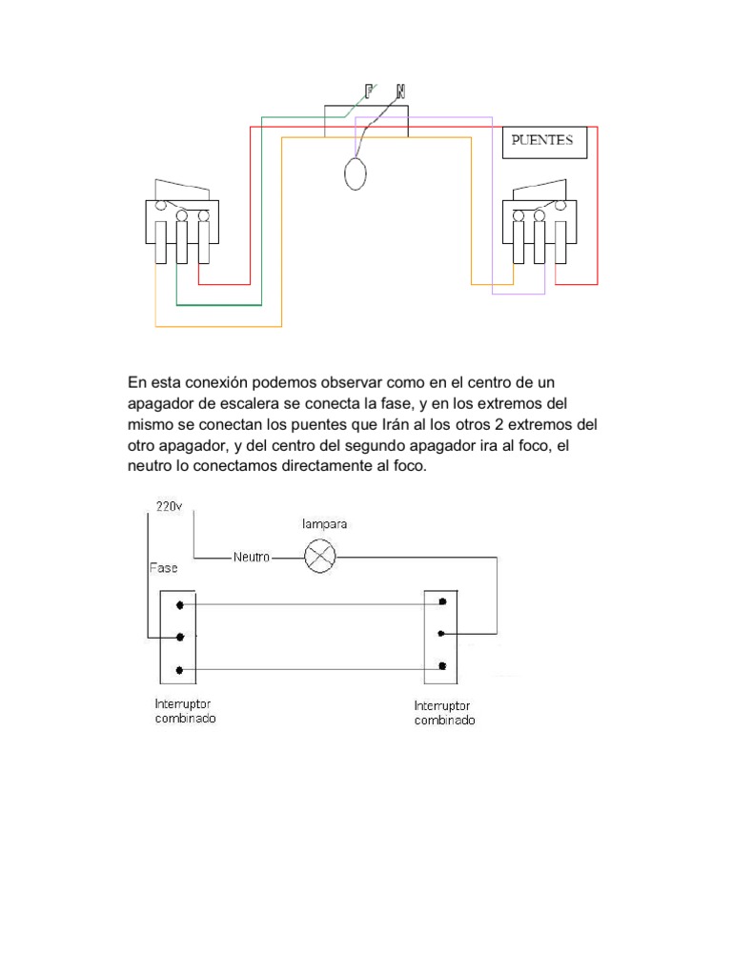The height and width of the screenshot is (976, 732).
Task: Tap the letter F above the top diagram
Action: click(x=369, y=91)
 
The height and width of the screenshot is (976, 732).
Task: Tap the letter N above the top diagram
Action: click(x=400, y=91)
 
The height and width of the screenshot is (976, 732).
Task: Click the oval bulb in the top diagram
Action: click(x=356, y=174)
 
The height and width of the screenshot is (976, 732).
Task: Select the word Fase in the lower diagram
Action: click(x=163, y=568)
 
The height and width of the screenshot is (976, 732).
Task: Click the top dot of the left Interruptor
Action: click(x=179, y=603)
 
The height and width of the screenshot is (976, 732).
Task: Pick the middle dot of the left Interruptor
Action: click(x=179, y=637)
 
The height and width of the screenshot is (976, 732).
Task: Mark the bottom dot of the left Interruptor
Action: click(x=179, y=671)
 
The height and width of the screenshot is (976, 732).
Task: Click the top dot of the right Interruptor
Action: click(x=441, y=602)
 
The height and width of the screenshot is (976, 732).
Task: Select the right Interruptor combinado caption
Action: click(x=444, y=714)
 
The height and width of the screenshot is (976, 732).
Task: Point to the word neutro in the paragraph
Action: click(x=150, y=467)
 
